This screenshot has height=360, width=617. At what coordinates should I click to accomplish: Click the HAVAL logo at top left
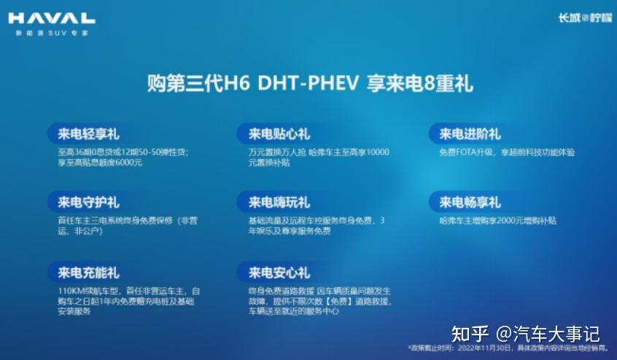tap(51, 18)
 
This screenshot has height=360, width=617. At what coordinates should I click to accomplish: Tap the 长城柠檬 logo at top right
tap(579, 18)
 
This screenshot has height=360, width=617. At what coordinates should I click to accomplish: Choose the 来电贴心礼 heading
tap(279, 134)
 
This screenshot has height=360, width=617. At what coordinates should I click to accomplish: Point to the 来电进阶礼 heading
tap(469, 134)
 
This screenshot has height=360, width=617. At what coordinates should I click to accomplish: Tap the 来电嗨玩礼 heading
tap(279, 202)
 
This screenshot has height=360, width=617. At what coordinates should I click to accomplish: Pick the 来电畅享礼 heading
tap(469, 202)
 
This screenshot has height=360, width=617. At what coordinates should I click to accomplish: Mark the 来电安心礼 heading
tap(279, 273)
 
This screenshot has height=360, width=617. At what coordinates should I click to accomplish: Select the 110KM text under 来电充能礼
tap(71, 291)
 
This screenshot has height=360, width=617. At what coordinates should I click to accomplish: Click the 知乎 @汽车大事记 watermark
tap(526, 333)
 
